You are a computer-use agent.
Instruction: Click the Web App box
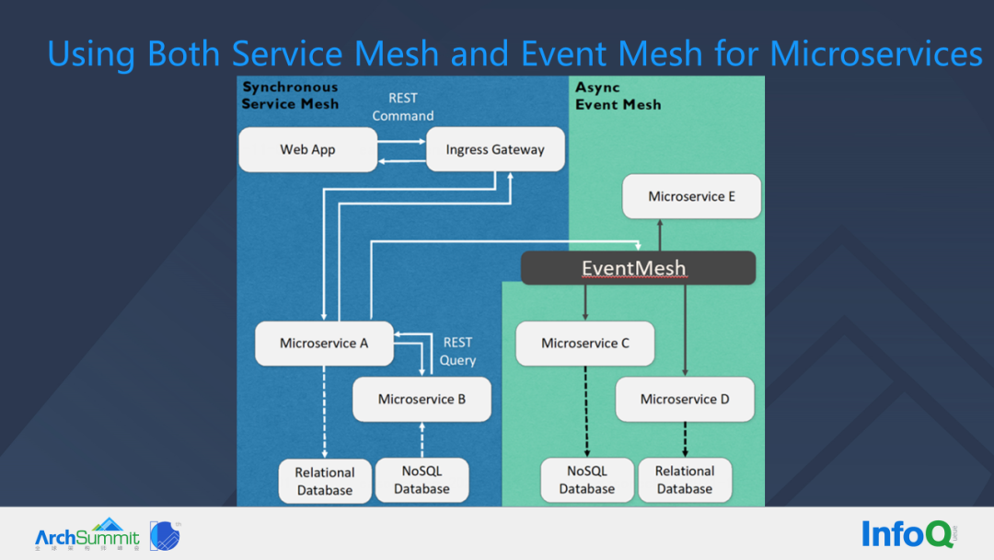tap(308, 150)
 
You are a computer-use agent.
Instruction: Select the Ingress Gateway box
tap(495, 149)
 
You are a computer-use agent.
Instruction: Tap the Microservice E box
tap(691, 196)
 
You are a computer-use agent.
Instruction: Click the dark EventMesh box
tap(638, 268)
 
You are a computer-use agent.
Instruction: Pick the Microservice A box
tap(324, 344)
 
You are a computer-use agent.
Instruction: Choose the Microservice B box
tap(422, 400)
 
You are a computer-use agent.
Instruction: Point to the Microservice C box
tap(585, 344)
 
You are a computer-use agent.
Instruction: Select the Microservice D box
tap(685, 400)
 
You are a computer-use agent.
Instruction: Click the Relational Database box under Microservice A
tap(325, 482)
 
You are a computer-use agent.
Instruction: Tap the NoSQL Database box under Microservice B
tap(422, 480)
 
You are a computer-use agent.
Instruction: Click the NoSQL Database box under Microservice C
tap(587, 480)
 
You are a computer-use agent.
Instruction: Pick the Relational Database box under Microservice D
tap(685, 480)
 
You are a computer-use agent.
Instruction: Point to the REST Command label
tap(403, 107)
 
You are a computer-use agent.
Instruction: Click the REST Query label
tap(457, 351)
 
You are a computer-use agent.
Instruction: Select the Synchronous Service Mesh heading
tap(290, 96)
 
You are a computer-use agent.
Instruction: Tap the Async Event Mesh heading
tap(618, 97)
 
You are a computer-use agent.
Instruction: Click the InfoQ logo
tap(908, 534)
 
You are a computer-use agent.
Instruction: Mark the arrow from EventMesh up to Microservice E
tap(660, 235)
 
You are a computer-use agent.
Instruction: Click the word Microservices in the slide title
tap(876, 53)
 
